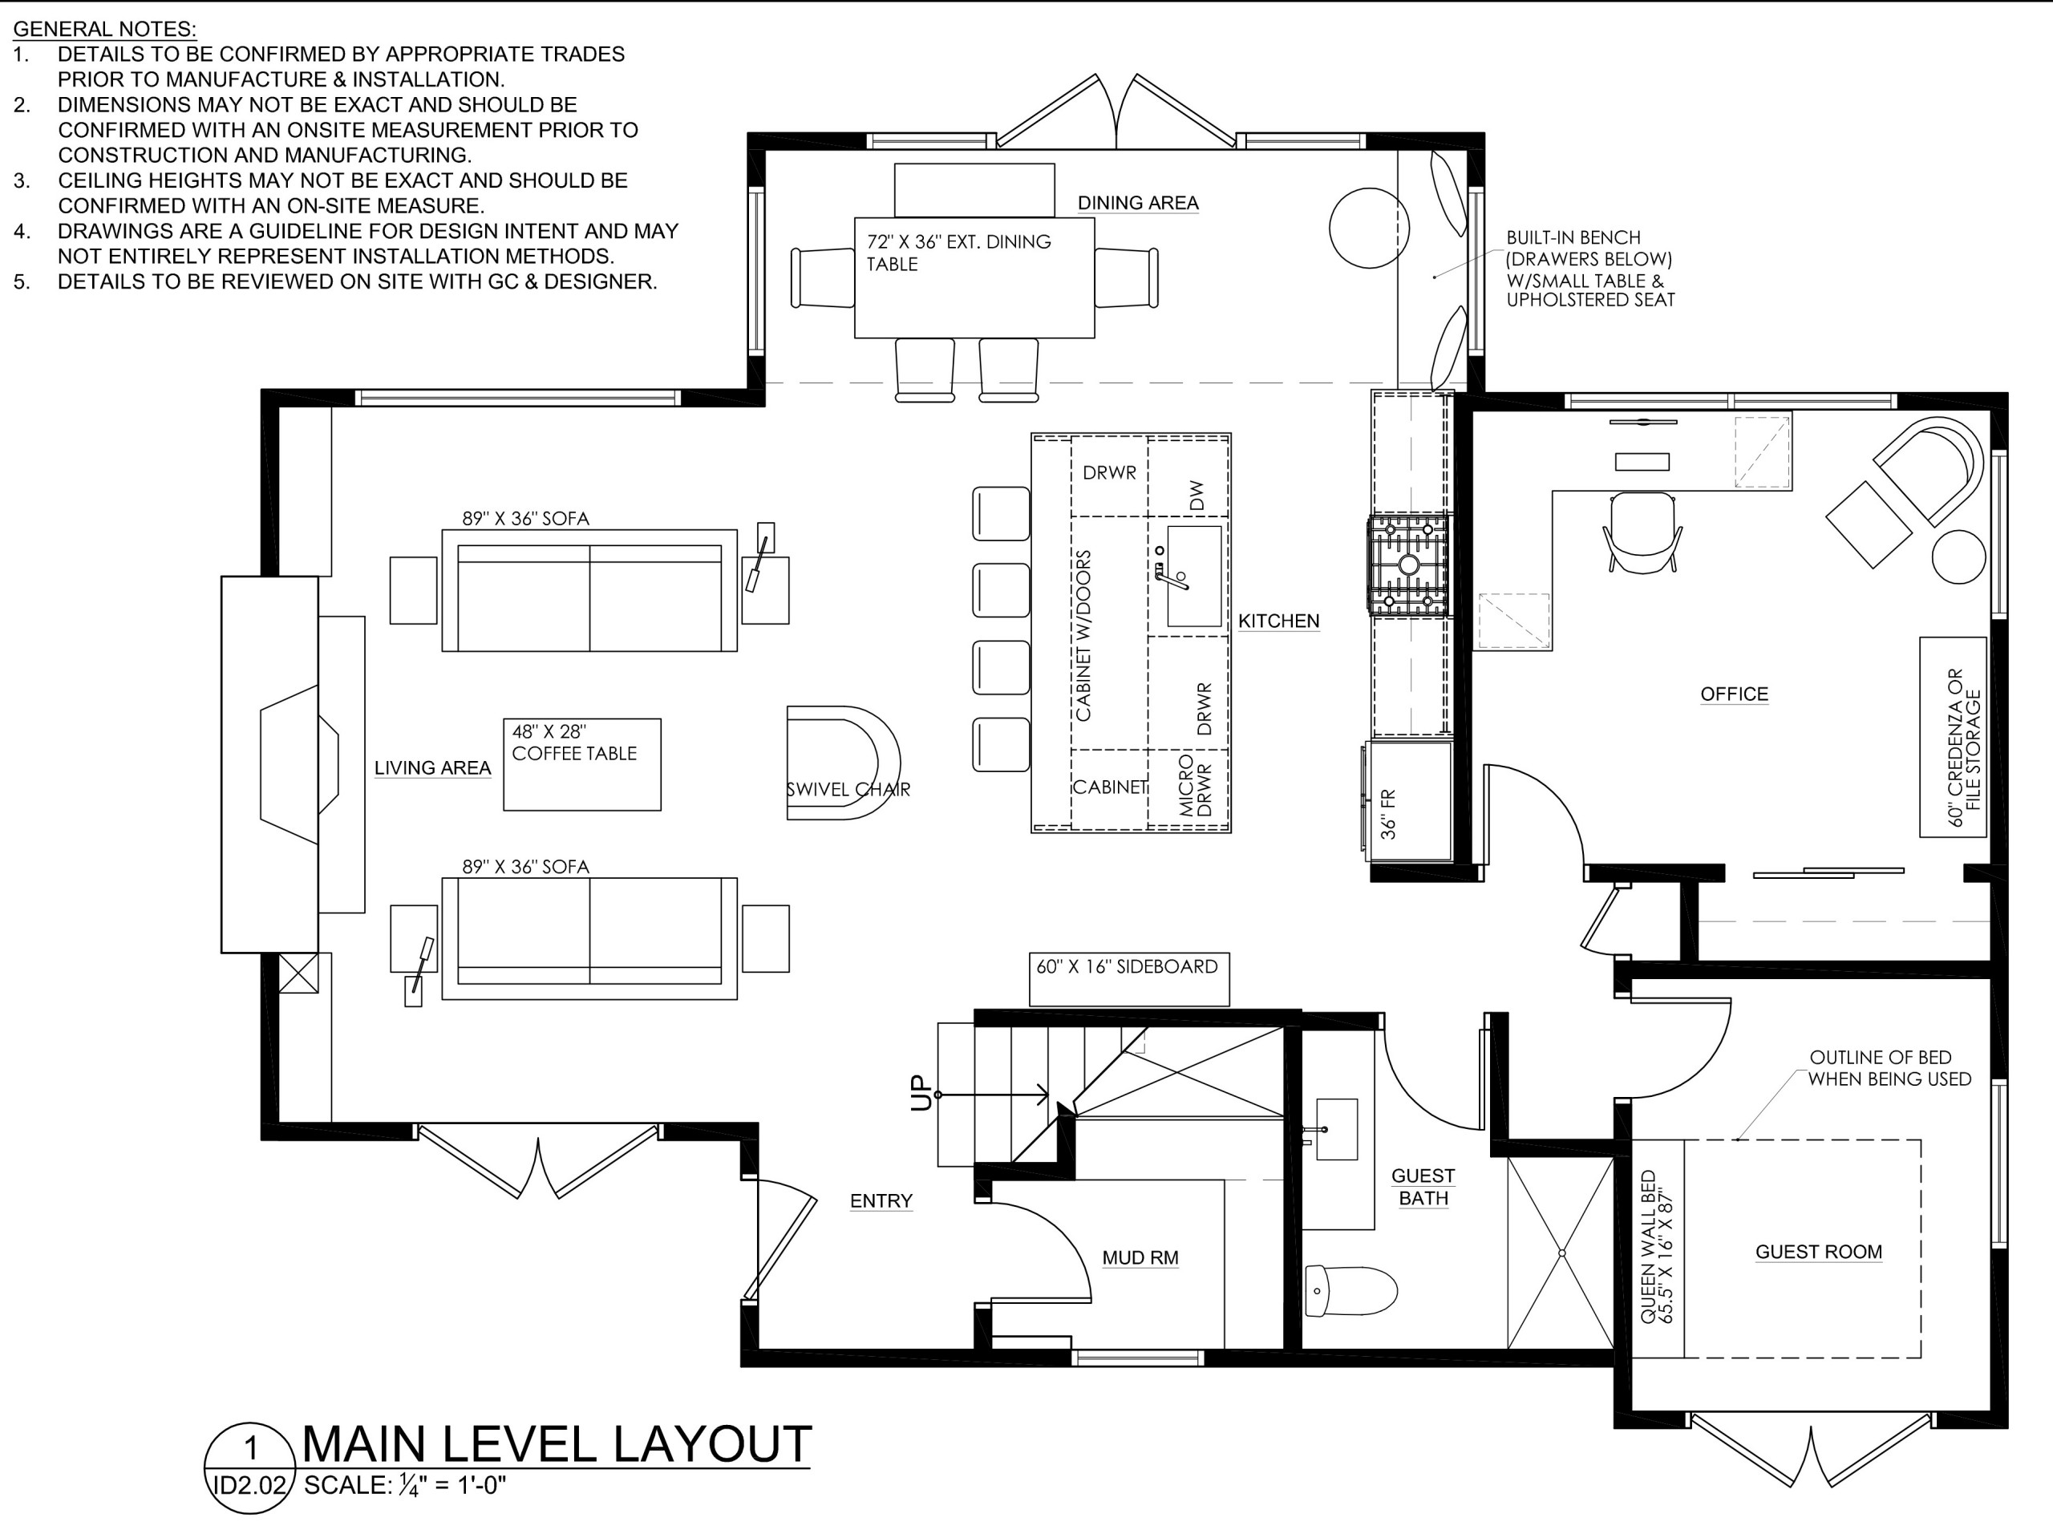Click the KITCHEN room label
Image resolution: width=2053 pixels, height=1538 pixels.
pos(1278,621)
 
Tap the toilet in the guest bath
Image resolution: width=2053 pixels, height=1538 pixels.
pos(1350,1290)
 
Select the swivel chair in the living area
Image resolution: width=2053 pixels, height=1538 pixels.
pos(843,763)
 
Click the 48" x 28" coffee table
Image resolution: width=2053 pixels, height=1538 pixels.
pos(582,765)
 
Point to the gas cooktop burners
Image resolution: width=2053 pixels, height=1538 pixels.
pos(1408,565)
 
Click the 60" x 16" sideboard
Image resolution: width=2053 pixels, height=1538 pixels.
pos(1128,979)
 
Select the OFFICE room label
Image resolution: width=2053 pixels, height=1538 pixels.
pos(1734,694)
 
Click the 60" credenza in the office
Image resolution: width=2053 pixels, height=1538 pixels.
pos(1953,737)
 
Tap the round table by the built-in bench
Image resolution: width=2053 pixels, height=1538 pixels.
pos(1369,229)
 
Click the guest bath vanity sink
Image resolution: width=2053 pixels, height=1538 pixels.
pos(1337,1130)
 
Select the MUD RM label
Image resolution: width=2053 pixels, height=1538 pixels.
pos(1140,1257)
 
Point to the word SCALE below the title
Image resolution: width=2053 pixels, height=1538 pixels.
pos(346,1486)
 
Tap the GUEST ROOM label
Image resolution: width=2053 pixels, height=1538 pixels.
pos(1818,1252)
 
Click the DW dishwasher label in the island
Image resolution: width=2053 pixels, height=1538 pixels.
pos(1197,496)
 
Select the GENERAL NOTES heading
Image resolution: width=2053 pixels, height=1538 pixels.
pos(105,29)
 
